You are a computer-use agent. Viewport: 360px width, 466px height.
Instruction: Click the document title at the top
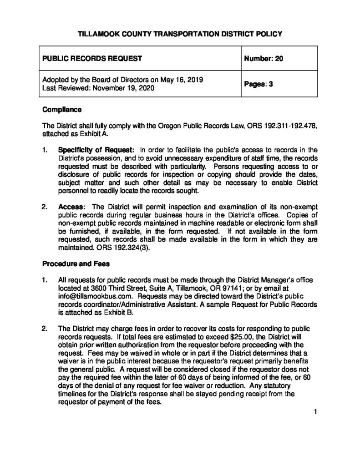pyautogui.click(x=180, y=34)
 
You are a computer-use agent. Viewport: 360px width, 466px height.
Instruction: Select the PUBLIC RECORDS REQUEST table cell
pyautogui.click(x=92, y=58)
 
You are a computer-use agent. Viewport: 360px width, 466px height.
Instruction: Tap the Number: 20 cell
pyautogui.click(x=264, y=58)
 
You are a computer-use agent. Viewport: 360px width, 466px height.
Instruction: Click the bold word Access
pyautogui.click(x=71, y=206)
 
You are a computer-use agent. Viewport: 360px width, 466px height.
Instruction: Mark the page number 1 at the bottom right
pyautogui.click(x=314, y=412)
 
